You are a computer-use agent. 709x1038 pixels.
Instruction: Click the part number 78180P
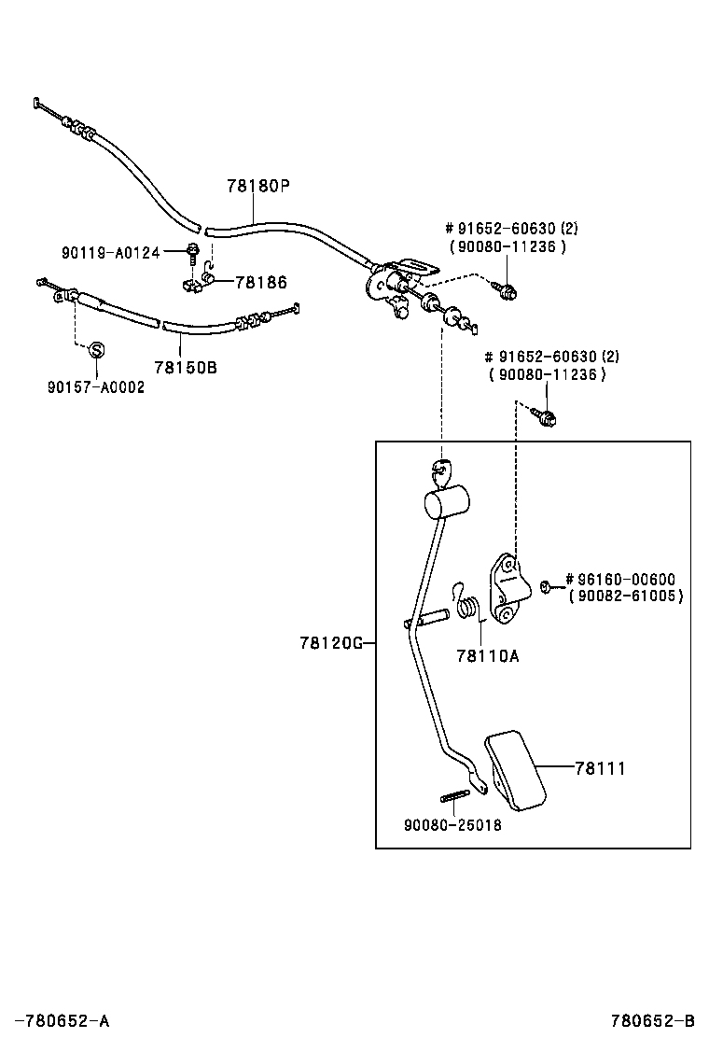click(x=258, y=186)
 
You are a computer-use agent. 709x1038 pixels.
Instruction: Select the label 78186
click(x=260, y=282)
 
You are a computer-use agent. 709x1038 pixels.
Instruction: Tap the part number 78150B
click(x=185, y=367)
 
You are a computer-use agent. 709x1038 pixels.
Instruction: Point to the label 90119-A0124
click(x=111, y=251)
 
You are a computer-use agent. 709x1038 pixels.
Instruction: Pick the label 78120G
click(x=330, y=643)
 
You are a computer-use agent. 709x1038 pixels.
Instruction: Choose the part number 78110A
click(x=487, y=655)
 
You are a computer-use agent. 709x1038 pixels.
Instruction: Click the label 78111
click(x=600, y=768)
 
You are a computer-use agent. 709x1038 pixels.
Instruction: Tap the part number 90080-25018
click(x=452, y=825)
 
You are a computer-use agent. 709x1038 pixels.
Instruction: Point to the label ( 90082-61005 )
click(x=625, y=596)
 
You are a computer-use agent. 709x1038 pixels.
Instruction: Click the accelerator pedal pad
click(x=514, y=768)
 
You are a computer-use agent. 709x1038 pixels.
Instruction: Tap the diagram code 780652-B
click(x=653, y=1020)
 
